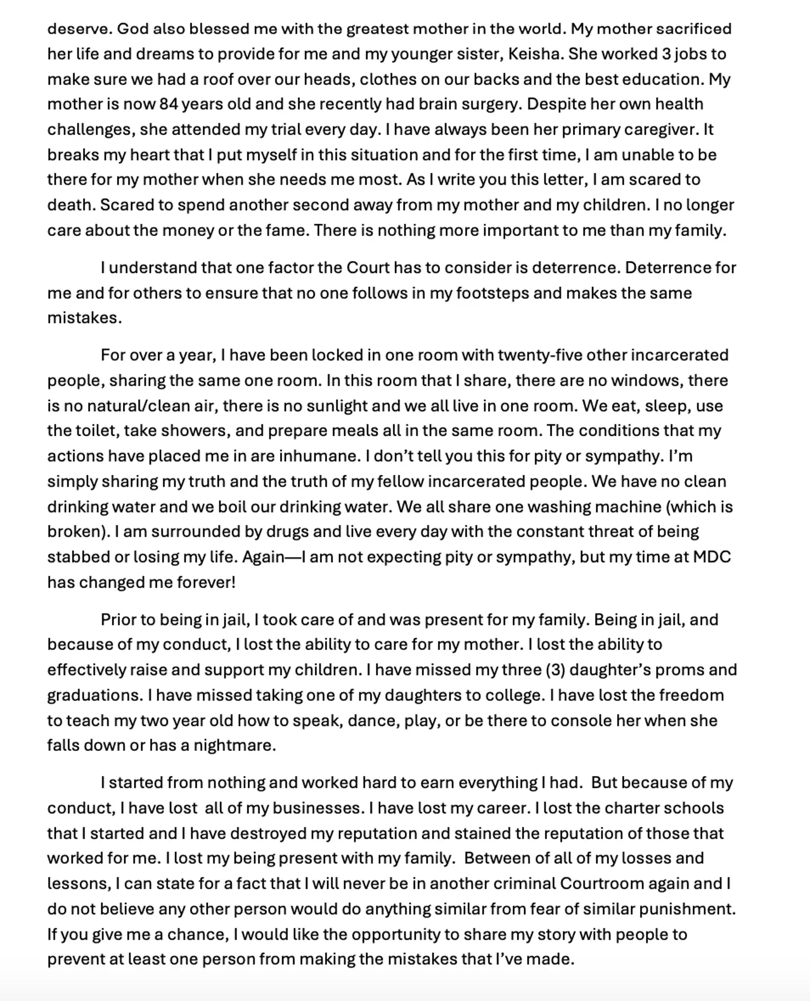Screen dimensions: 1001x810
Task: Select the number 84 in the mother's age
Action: pyautogui.click(x=169, y=104)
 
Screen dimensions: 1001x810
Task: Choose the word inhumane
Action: pyautogui.click(x=318, y=456)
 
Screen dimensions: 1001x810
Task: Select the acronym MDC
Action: pyautogui.click(x=712, y=557)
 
